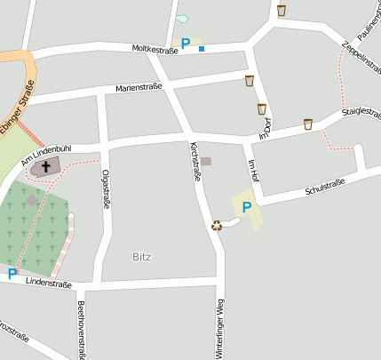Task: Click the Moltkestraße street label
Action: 155,49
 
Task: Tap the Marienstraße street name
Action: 141,88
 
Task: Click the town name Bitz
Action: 142,257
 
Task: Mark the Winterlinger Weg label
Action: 219,329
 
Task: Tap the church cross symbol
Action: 45,165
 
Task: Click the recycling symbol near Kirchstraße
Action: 217,225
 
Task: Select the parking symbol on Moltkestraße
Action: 186,44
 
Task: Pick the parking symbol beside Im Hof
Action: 247,207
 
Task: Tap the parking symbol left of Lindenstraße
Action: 12,274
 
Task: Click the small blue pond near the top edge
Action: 182,18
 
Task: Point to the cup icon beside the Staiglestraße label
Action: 308,124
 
